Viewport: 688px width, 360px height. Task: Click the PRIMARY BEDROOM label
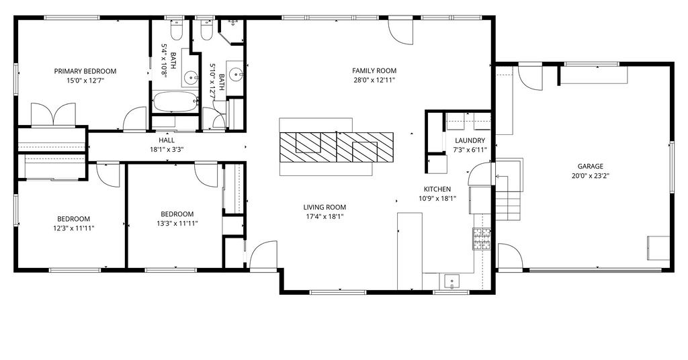tap(85, 71)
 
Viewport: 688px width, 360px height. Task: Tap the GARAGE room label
tap(590, 166)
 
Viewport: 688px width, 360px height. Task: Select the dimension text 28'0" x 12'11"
tap(374, 80)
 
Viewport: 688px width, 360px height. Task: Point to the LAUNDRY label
tap(470, 141)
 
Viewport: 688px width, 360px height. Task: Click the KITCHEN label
tap(437, 189)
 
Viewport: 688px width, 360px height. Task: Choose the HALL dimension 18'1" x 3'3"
tap(167, 150)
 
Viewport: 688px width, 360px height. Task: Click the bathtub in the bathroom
tap(175, 102)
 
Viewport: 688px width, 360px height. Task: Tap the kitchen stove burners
tap(481, 239)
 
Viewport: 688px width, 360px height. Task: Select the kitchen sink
tap(451, 280)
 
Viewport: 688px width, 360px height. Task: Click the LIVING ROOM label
tap(325, 208)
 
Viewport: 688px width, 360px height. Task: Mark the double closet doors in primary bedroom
tap(53, 115)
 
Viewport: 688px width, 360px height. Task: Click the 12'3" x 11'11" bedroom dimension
tap(74, 228)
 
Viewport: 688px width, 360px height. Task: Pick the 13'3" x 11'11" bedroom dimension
tap(177, 224)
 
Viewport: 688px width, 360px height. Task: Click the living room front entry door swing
tap(263, 254)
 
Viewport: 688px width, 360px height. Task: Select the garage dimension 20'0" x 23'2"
tap(590, 176)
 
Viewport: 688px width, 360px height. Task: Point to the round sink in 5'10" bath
tap(236, 75)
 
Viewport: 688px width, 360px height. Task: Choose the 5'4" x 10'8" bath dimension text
tap(165, 61)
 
